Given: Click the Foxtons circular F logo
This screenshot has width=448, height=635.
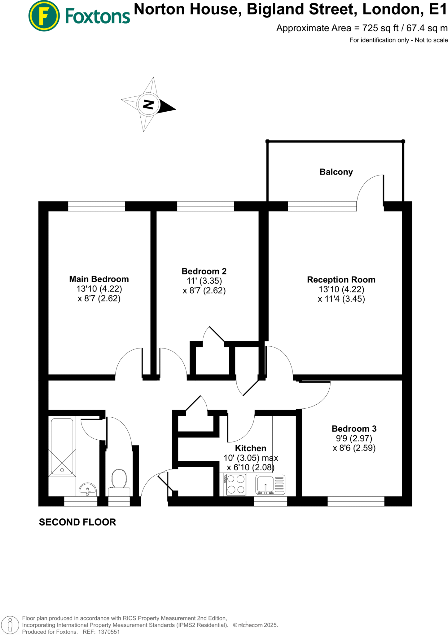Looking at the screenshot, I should [44, 16].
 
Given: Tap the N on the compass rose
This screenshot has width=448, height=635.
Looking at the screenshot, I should [149, 104].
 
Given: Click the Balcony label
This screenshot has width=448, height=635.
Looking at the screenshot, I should [336, 172].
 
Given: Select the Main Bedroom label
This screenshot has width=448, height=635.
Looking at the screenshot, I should [99, 279].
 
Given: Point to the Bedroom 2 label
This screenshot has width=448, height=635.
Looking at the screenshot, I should [204, 271].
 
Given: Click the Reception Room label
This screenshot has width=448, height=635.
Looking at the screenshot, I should [341, 280].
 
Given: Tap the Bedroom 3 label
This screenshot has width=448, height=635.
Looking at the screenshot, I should [354, 429].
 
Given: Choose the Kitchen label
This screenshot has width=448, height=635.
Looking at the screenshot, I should [251, 448].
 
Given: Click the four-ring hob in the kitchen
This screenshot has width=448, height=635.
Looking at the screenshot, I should [236, 484].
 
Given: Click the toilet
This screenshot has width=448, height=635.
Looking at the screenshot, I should [119, 482].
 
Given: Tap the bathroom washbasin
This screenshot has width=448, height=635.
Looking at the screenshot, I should [88, 489].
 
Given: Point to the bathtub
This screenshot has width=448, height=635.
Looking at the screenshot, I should [62, 446].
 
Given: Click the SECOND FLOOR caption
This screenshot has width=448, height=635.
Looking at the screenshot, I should [77, 522].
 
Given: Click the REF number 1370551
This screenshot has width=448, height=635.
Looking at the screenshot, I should [109, 632].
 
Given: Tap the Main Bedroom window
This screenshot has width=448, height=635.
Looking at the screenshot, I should [96, 206].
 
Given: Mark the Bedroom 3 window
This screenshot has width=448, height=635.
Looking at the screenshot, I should [356, 501].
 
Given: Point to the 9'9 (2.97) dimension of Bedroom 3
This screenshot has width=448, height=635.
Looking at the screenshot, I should [354, 438].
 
